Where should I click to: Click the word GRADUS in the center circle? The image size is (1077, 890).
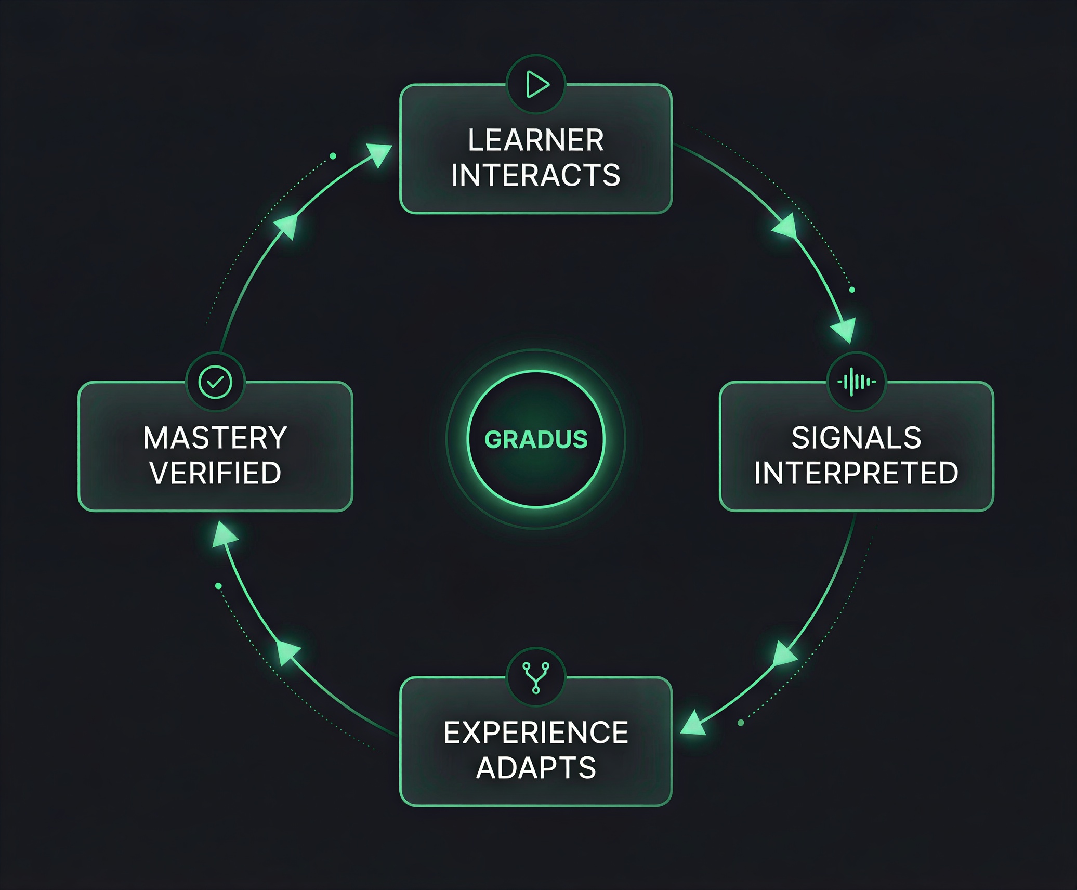(x=536, y=440)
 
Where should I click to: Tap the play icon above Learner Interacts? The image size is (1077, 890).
(x=536, y=84)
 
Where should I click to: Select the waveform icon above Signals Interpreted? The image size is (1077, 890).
(x=857, y=382)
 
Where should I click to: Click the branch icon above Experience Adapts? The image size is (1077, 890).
(x=536, y=677)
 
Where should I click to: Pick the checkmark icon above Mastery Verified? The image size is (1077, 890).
(x=215, y=382)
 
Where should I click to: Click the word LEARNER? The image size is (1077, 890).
(x=536, y=140)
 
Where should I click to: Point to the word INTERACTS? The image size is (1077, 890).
(x=536, y=175)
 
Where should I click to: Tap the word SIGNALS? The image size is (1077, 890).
(x=856, y=438)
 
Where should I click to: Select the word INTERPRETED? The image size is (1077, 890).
(x=856, y=473)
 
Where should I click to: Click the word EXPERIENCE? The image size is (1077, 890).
(x=536, y=733)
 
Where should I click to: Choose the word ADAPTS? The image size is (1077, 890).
(x=536, y=768)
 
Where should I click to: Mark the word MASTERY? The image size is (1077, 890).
(x=215, y=438)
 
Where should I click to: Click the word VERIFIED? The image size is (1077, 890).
(x=215, y=473)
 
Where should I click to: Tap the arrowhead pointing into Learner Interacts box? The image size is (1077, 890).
(x=379, y=153)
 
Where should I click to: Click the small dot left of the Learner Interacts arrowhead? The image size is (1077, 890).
(x=333, y=156)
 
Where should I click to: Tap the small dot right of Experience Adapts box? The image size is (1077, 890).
(x=741, y=723)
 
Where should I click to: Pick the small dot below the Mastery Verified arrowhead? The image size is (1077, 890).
(x=218, y=586)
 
